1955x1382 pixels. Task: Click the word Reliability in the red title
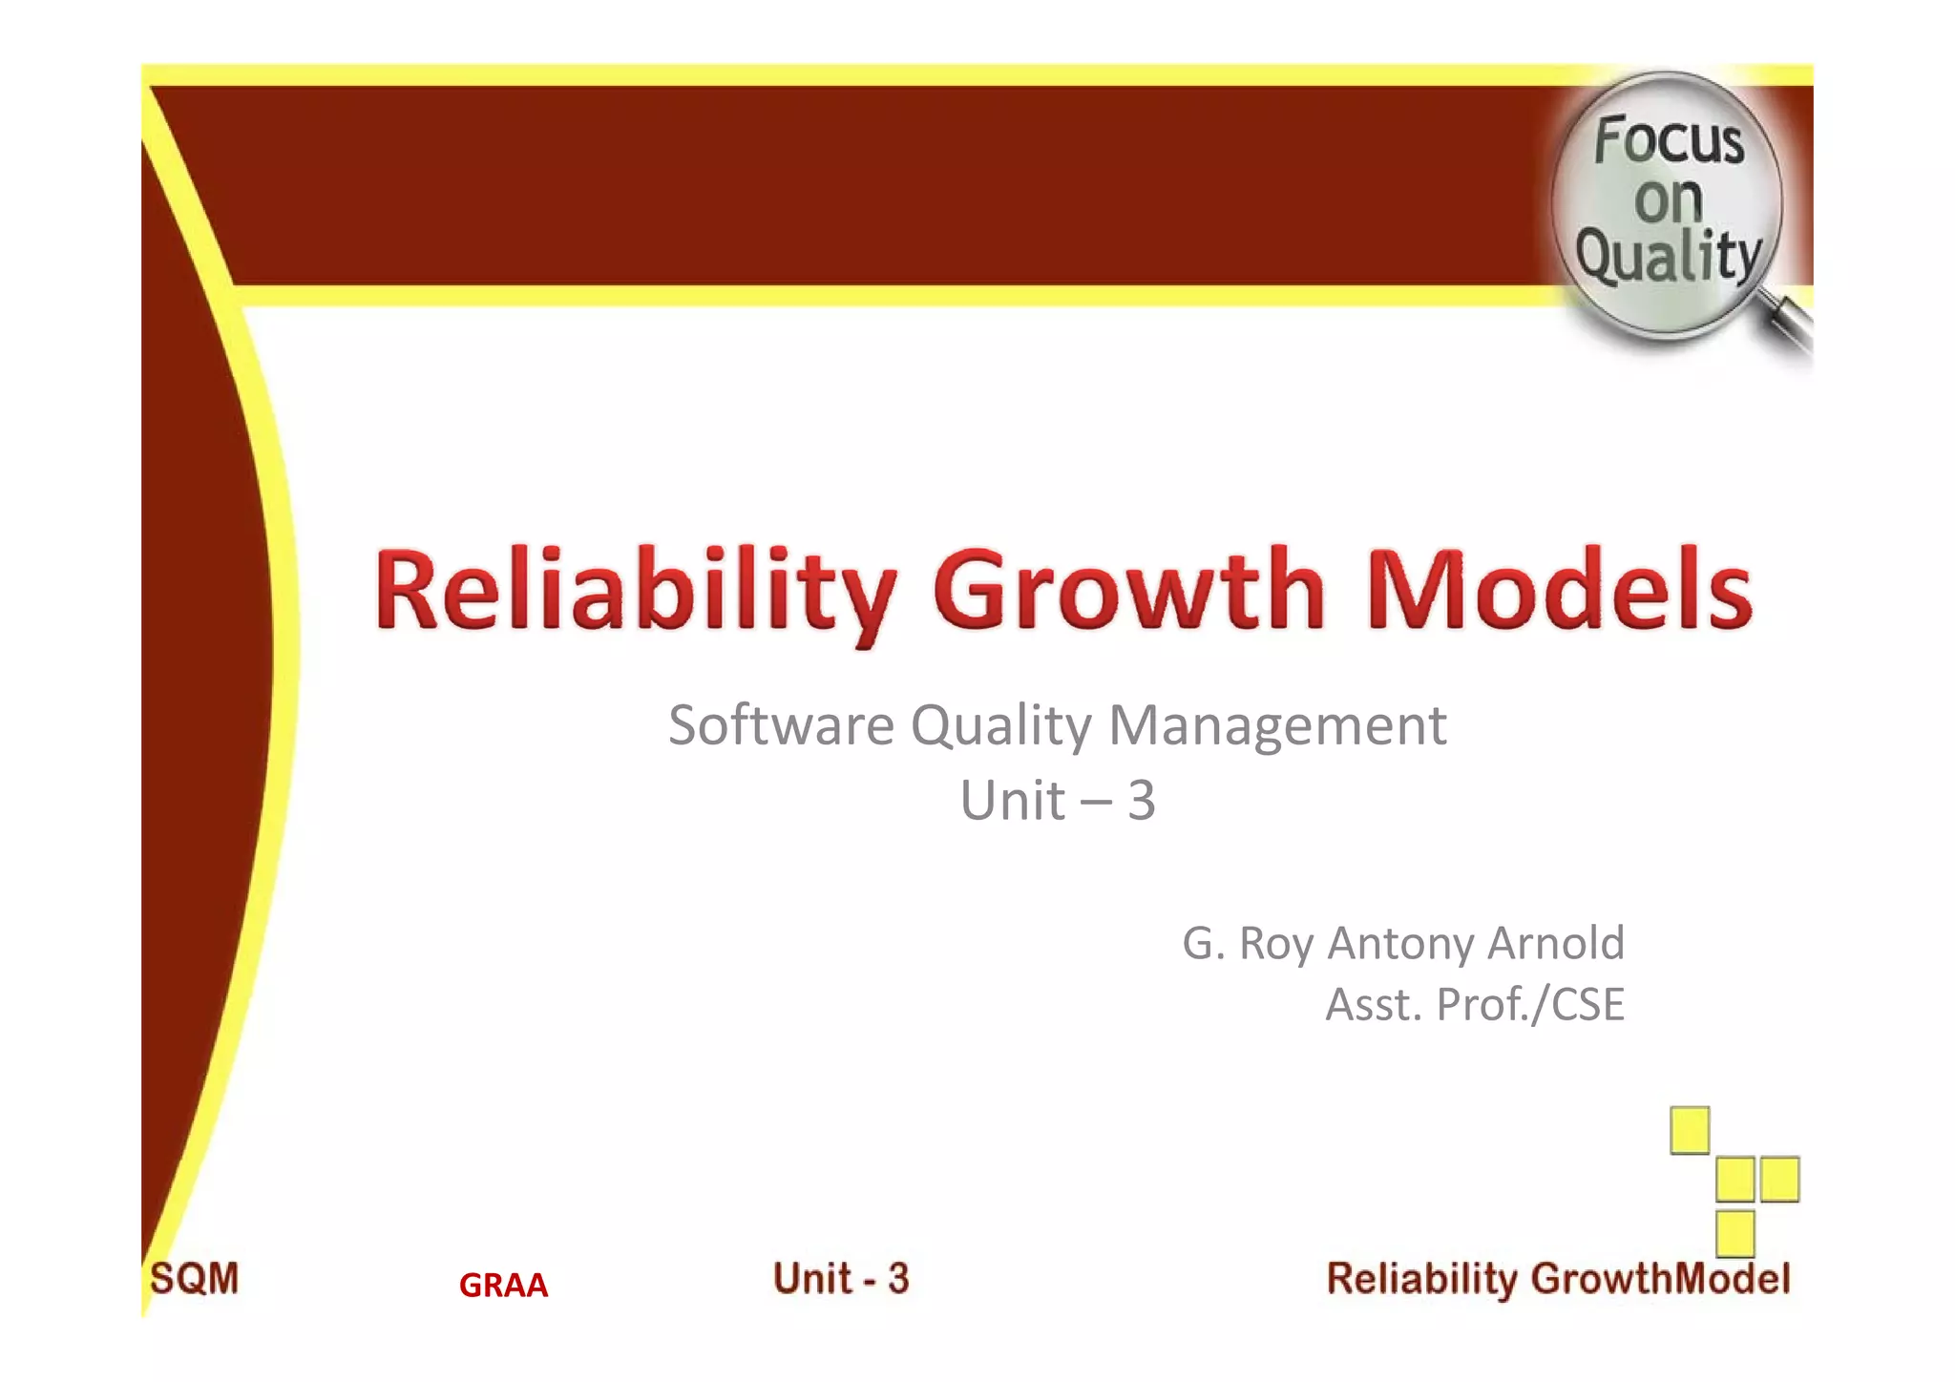(x=635, y=592)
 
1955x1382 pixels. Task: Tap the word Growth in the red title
(x=1129, y=592)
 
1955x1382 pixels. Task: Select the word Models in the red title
(x=1559, y=592)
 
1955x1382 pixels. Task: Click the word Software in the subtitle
(x=780, y=725)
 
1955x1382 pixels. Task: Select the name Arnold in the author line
(x=1555, y=943)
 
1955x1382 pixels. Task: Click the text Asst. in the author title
(x=1374, y=1004)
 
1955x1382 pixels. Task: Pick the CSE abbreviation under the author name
(x=1587, y=1004)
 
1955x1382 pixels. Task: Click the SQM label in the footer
(x=195, y=1279)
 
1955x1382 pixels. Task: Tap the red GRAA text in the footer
(x=503, y=1286)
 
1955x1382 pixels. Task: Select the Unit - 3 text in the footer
(x=841, y=1279)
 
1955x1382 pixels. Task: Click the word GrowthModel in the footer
(x=1661, y=1279)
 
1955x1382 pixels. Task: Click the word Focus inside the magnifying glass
(x=1669, y=141)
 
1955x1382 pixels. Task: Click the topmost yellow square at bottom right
(x=1690, y=1130)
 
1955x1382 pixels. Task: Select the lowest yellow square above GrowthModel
(x=1734, y=1233)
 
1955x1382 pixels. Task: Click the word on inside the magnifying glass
(x=1668, y=199)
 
